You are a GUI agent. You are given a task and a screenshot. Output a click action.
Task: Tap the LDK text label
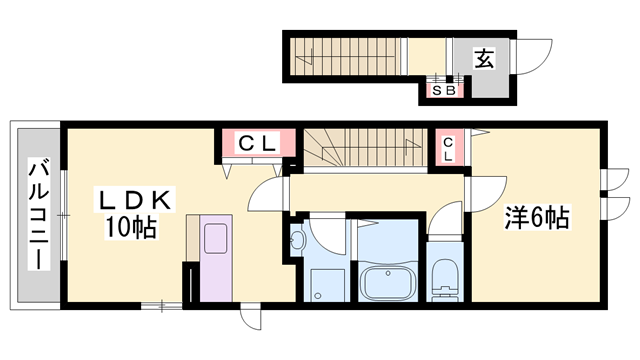point(136,202)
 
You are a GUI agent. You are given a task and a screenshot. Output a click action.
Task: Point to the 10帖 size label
point(132,228)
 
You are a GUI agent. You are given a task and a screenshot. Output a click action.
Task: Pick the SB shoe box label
point(443,90)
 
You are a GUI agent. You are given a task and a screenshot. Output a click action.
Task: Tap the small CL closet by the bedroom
point(448,148)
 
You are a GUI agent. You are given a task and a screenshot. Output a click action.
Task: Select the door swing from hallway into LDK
point(265,195)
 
